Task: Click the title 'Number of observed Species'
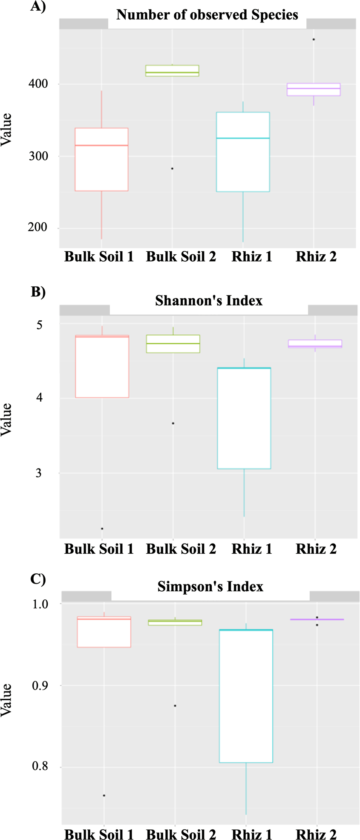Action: click(x=207, y=15)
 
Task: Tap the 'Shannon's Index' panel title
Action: click(x=209, y=301)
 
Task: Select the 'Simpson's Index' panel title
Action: click(x=210, y=587)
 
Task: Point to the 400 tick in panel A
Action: click(x=38, y=84)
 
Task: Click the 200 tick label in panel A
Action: click(x=38, y=227)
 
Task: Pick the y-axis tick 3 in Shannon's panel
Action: click(x=39, y=473)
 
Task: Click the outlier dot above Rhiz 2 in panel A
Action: click(x=314, y=40)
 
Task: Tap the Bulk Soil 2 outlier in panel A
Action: click(x=172, y=169)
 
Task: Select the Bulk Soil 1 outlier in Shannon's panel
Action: click(x=102, y=529)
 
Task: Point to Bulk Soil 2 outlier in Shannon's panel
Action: click(x=173, y=423)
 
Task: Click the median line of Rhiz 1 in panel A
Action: click(x=243, y=138)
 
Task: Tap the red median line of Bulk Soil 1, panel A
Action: click(x=101, y=146)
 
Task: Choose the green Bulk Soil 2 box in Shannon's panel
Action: click(x=173, y=344)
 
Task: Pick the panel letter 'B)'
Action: click(x=38, y=292)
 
